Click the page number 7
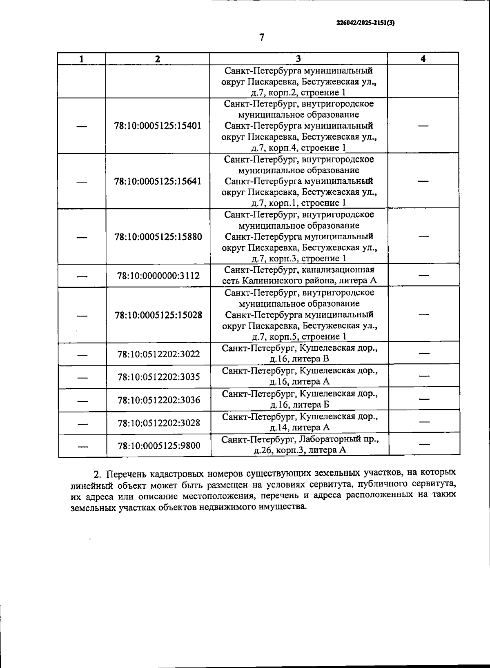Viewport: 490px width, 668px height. coord(262,37)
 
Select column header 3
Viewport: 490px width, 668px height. coord(298,58)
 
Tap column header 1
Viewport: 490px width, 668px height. coord(82,58)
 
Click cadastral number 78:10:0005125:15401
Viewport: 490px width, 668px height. coord(158,126)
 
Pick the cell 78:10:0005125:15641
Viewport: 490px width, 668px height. coord(158,181)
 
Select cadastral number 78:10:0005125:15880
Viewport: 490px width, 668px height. coord(158,237)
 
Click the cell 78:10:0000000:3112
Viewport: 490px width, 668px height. coord(158,276)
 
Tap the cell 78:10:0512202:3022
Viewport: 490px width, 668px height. coord(159,354)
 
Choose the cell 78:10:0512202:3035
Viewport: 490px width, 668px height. coord(159,377)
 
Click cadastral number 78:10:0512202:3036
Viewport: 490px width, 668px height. coord(159,400)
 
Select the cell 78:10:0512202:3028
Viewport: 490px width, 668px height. coord(159,423)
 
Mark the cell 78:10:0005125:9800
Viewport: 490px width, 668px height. coord(159,446)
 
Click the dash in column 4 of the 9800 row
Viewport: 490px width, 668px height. coord(425,445)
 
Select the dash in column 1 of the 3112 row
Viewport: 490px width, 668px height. coord(83,276)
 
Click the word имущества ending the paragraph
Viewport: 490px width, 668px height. coord(283,508)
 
